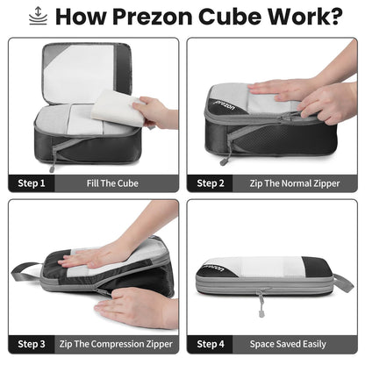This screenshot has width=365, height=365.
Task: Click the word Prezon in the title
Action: click(161, 17)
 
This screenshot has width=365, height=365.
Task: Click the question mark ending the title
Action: click(333, 17)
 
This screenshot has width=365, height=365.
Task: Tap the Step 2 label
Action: click(211, 183)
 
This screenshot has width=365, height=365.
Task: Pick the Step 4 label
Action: click(211, 343)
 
